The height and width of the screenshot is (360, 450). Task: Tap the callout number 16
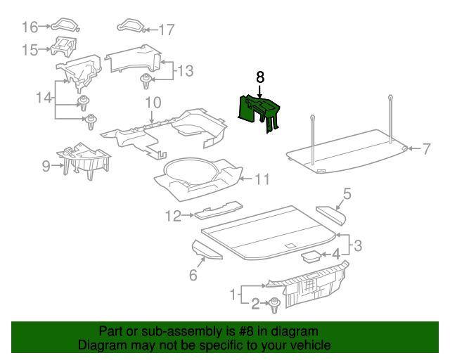pyautogui.click(x=30, y=27)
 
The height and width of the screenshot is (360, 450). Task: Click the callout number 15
pyautogui.click(x=29, y=50)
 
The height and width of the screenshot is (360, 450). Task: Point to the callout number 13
pyautogui.click(x=184, y=70)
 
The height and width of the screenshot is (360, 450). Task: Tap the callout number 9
pyautogui.click(x=46, y=166)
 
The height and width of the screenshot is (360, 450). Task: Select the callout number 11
pyautogui.click(x=261, y=179)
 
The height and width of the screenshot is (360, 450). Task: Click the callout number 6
pyautogui.click(x=193, y=275)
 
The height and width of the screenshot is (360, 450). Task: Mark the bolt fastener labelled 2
pyautogui.click(x=274, y=304)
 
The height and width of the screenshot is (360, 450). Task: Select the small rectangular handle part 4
pyautogui.click(x=310, y=255)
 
